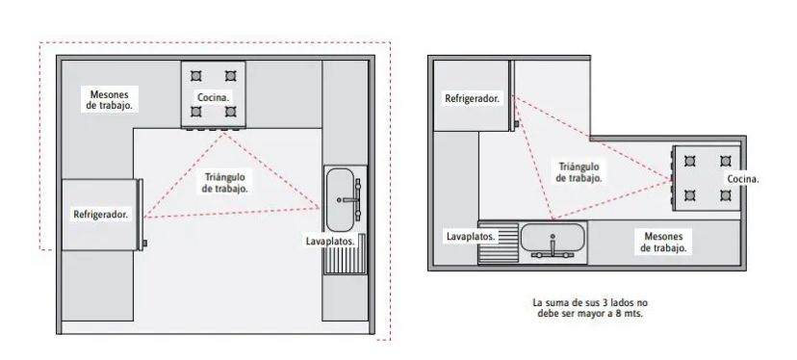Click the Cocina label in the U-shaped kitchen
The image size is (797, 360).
(214, 97)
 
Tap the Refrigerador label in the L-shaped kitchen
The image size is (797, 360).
(473, 98)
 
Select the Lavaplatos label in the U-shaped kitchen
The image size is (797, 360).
(330, 241)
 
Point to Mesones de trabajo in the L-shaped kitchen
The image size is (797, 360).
(663, 242)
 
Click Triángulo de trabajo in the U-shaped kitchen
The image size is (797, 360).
(224, 183)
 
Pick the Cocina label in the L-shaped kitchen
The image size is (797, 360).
(743, 179)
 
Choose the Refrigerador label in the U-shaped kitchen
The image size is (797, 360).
(101, 214)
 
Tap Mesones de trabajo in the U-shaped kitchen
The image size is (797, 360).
(110, 100)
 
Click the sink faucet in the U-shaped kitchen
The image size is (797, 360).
(354, 200)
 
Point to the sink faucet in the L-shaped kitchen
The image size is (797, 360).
(553, 247)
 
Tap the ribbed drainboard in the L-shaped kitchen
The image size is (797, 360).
(499, 244)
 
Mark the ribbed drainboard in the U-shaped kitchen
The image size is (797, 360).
(346, 254)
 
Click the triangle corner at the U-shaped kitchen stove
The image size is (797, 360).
(223, 132)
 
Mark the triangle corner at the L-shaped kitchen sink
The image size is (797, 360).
(553, 219)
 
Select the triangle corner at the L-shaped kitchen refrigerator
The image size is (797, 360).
(513, 95)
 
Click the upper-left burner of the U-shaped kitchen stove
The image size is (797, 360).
(196, 76)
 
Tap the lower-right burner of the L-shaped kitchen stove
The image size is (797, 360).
(726, 195)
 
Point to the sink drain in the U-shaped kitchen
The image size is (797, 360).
(339, 200)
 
